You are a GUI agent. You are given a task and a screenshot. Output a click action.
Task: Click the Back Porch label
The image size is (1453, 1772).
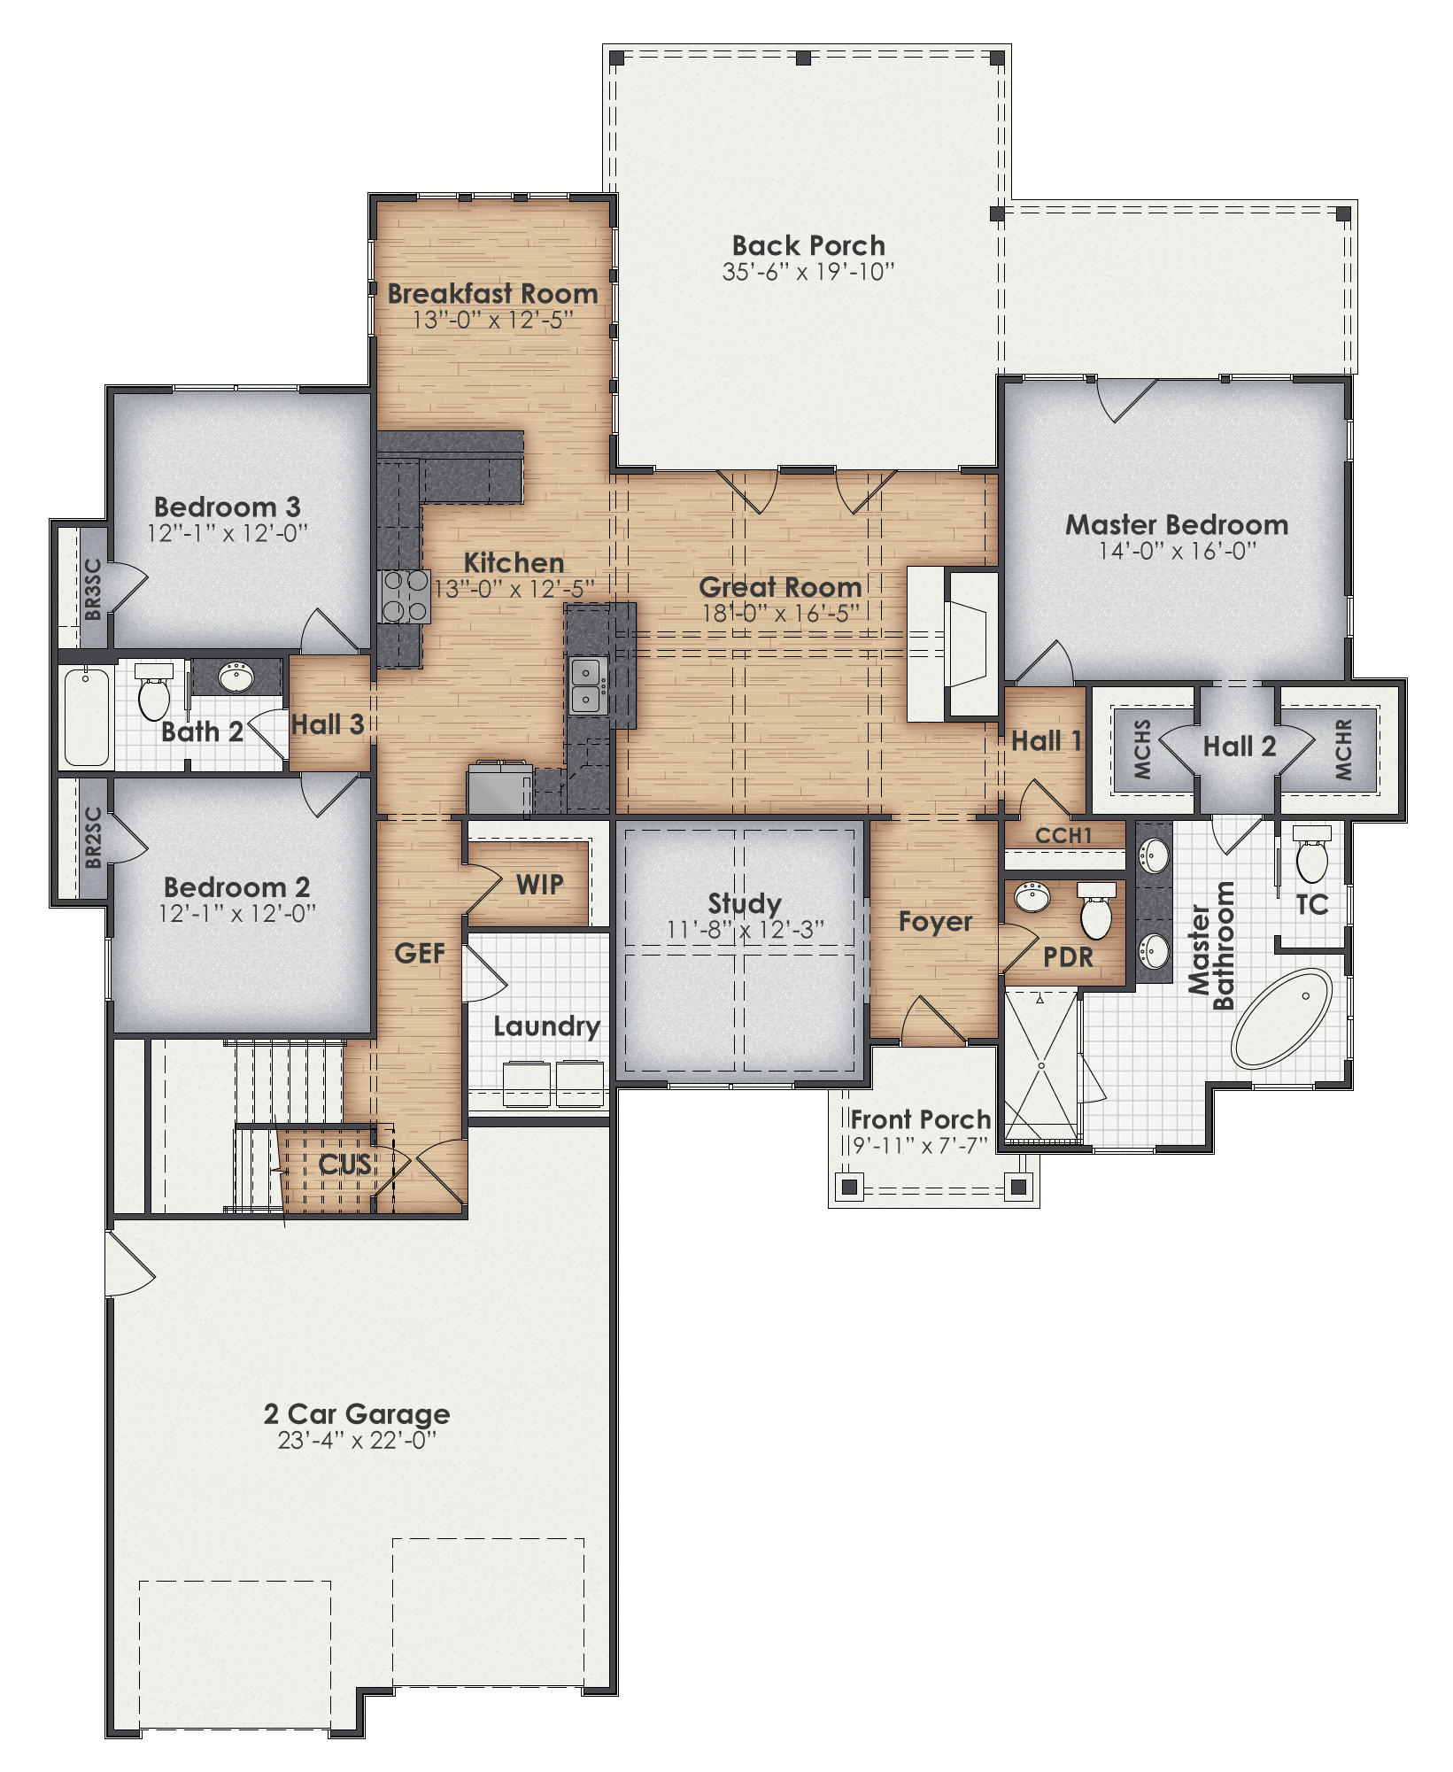(x=808, y=245)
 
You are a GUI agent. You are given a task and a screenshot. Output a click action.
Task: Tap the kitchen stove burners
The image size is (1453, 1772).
(x=406, y=596)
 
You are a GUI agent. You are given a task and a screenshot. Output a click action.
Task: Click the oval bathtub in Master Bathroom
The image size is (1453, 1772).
(x=1281, y=1018)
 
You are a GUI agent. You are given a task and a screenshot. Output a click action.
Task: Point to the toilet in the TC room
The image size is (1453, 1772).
(x=1311, y=855)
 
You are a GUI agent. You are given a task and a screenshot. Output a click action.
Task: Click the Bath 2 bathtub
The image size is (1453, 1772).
(x=86, y=717)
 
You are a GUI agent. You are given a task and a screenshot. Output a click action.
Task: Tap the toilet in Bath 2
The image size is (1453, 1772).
(x=154, y=693)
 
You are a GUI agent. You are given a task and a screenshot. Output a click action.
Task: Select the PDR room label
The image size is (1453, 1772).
(x=1068, y=957)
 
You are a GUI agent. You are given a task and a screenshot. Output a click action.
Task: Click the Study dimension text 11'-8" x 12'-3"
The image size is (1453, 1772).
(x=745, y=929)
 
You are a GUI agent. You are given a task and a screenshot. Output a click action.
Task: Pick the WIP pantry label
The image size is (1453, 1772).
(x=539, y=884)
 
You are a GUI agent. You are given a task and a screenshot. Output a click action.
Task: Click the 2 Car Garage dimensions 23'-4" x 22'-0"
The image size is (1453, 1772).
(x=357, y=1441)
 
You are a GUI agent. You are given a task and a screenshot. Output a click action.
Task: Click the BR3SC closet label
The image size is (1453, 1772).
(x=93, y=589)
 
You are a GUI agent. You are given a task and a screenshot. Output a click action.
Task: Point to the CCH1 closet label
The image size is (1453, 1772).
(x=1063, y=835)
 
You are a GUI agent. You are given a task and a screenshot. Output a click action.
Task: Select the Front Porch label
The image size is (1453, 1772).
(x=920, y=1119)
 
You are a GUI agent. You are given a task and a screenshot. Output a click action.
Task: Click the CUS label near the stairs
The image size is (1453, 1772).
(x=344, y=1164)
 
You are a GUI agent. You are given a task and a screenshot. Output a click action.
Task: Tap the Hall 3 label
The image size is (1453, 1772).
(x=328, y=724)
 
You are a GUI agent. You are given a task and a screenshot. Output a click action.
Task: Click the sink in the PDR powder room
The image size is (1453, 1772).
(x=1032, y=897)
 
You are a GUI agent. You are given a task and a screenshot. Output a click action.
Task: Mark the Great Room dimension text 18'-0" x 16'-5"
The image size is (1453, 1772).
(x=780, y=612)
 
